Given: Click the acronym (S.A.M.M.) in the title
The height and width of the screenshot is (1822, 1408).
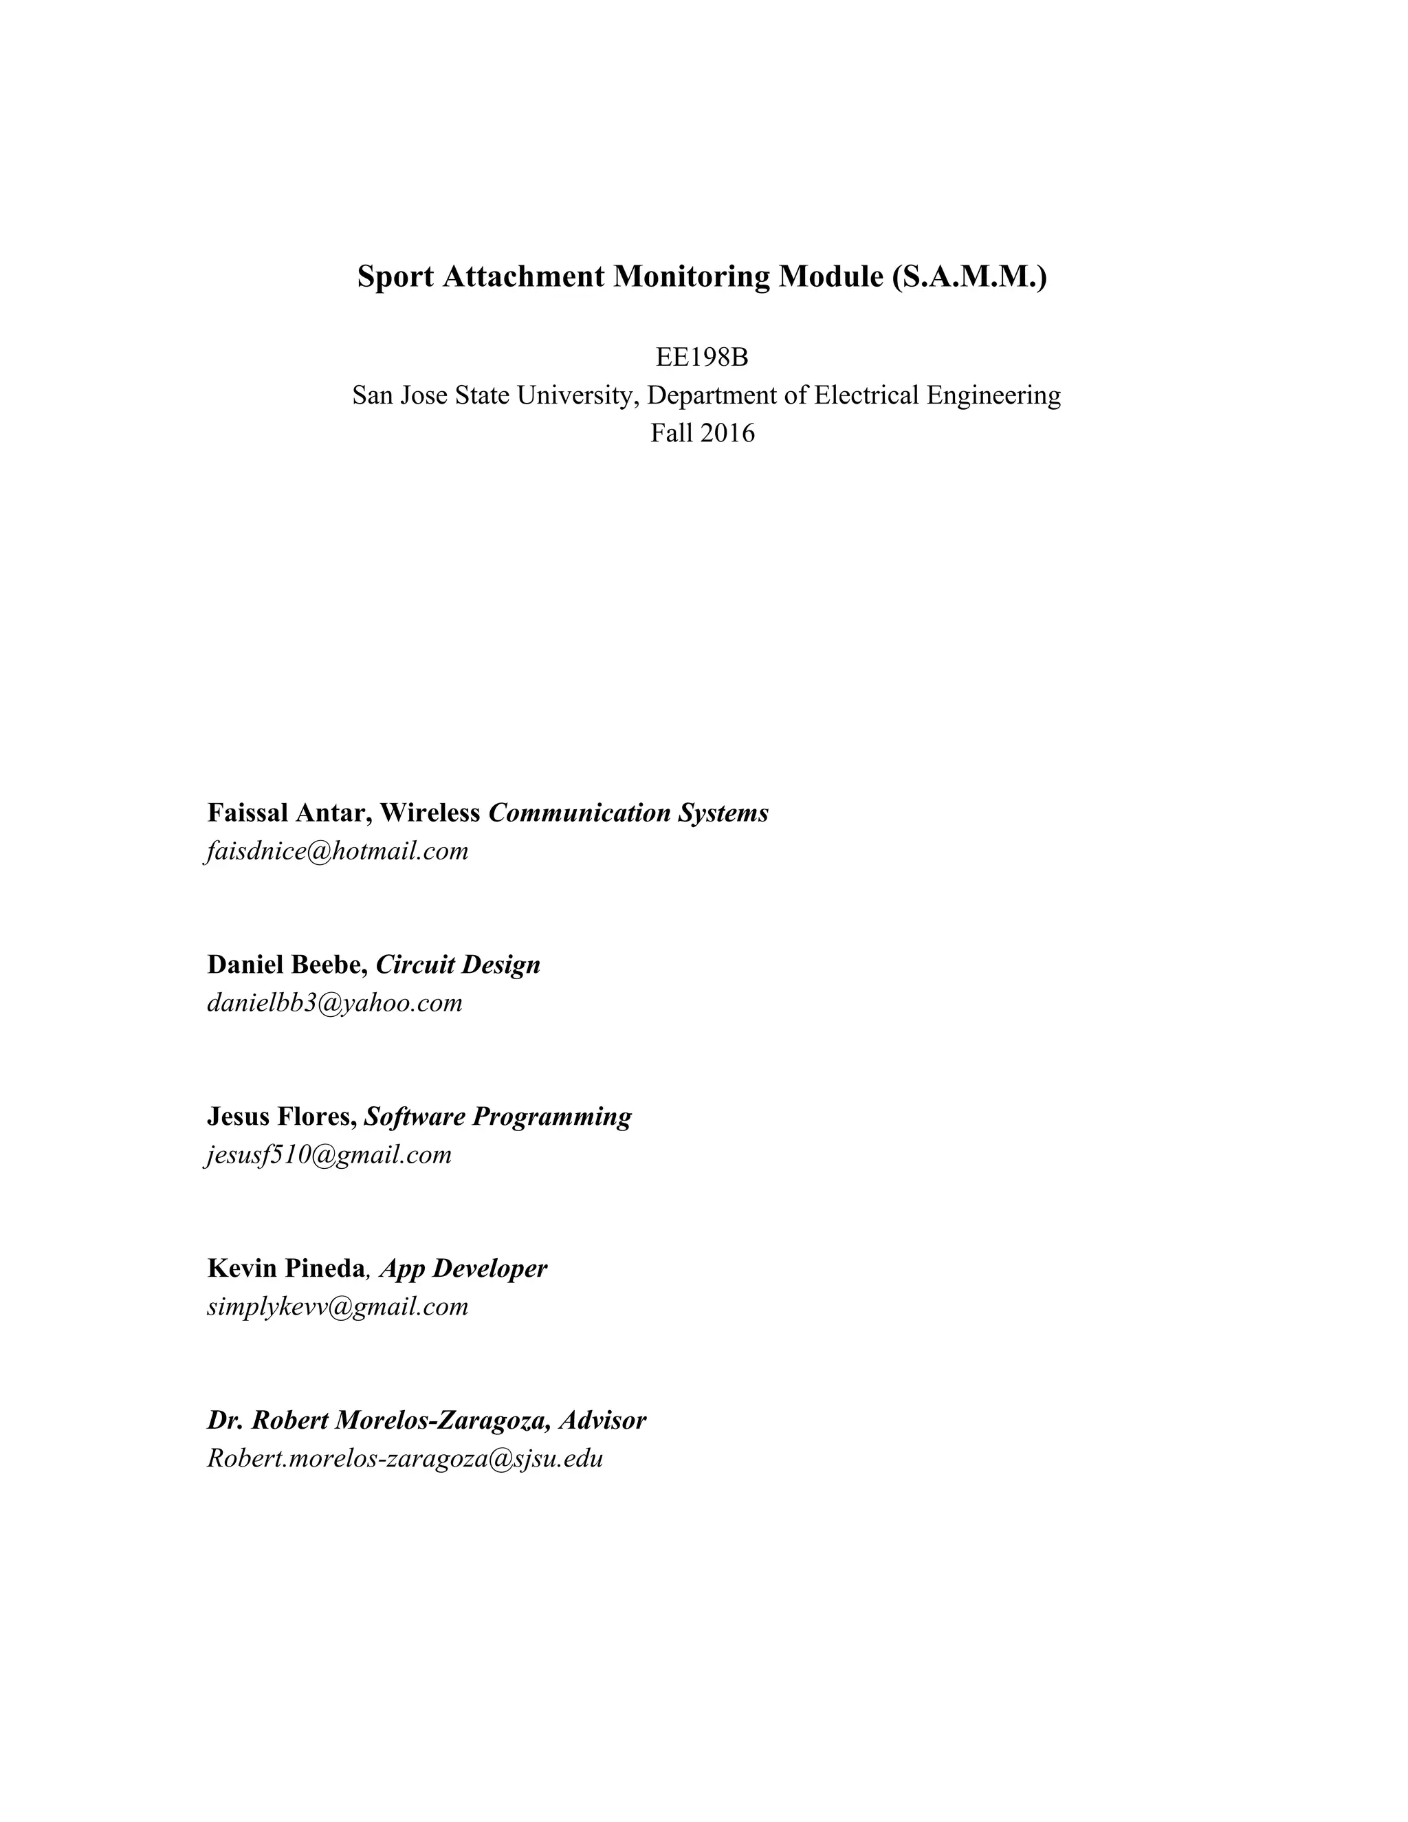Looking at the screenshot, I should point(969,276).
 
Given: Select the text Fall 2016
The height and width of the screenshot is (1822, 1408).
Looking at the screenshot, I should point(703,433).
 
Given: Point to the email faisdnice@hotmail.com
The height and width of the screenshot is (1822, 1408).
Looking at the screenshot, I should point(337,851).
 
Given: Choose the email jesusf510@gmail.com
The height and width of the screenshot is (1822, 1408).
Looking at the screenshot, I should point(329,1154).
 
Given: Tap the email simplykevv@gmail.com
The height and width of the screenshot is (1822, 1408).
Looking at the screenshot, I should point(338,1306).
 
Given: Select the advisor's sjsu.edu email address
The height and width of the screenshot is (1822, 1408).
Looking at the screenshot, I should point(404,1458).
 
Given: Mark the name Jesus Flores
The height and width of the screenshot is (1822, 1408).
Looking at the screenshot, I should point(281,1116).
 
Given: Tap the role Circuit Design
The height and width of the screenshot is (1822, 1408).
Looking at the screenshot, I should point(458,965).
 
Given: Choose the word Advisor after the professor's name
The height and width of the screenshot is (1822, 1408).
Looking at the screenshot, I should point(602,1420).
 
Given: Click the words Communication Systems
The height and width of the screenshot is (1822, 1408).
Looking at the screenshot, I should point(628,813).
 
